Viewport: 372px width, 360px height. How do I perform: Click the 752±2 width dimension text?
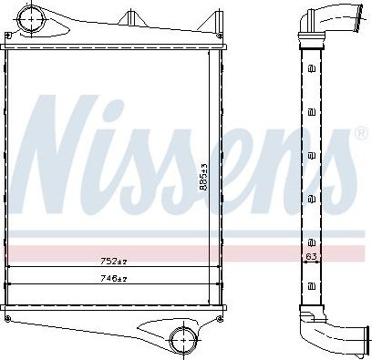point(113,261)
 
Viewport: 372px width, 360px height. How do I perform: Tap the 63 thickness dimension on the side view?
point(312,257)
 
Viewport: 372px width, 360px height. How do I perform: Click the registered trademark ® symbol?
point(336,136)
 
